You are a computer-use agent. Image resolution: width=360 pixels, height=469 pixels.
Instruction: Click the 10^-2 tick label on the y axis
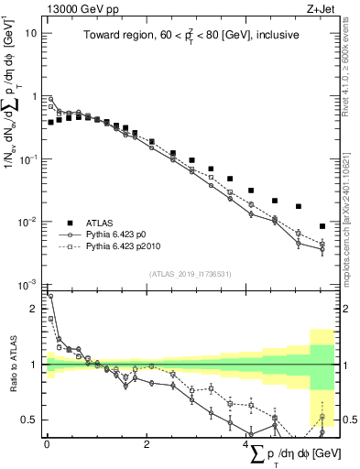pos(29,222)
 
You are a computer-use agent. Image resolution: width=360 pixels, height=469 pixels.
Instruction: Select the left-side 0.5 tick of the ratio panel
pos(31,420)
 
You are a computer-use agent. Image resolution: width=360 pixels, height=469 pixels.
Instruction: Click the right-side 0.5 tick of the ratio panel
pos(349,420)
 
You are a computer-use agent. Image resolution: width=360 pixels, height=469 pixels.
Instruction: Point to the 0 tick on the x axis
pos(47,444)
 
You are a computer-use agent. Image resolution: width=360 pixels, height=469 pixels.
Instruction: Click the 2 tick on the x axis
pos(146,444)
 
